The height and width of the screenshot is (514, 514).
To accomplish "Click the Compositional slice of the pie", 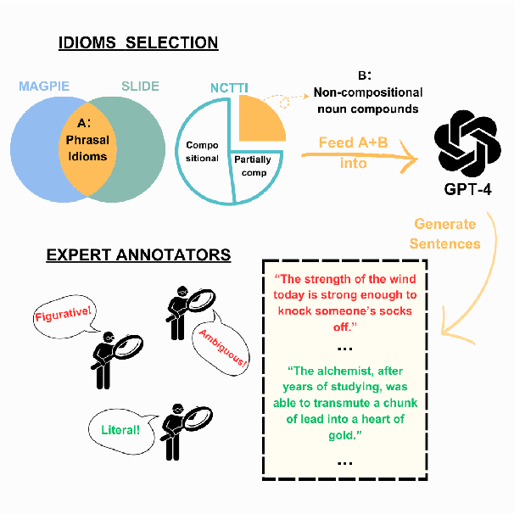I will click(x=201, y=153).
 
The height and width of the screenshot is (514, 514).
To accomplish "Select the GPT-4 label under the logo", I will click(x=466, y=193).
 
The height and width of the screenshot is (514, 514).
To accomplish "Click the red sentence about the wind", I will click(x=344, y=303).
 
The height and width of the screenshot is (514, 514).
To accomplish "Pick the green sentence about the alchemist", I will click(x=344, y=403).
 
